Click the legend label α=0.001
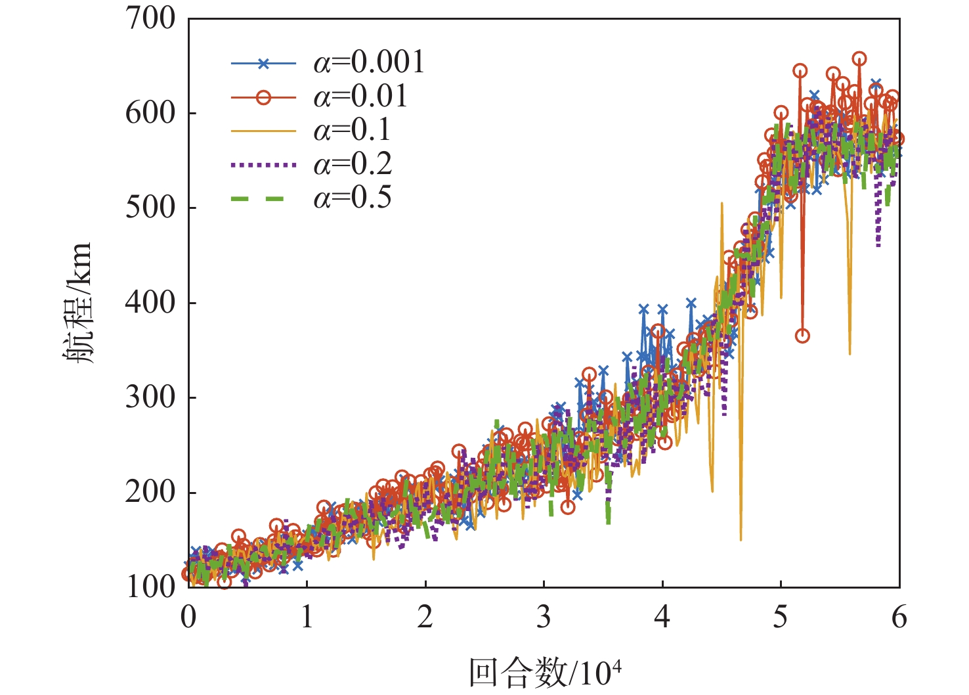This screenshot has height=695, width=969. [x=369, y=63]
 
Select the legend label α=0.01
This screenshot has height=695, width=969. [x=360, y=97]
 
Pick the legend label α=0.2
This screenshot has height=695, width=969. [x=352, y=164]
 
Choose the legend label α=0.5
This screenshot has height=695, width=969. [x=352, y=198]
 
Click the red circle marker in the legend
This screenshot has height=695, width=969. [x=263, y=97]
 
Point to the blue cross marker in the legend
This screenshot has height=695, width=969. [x=263, y=64]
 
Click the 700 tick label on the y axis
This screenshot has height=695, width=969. [x=151, y=19]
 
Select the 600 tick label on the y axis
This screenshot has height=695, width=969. [x=151, y=114]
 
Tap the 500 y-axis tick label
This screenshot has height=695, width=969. [x=151, y=208]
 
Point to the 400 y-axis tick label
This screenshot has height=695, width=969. [x=151, y=303]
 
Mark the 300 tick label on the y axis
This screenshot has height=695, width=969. [x=151, y=398]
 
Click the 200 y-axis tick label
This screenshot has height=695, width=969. [x=151, y=493]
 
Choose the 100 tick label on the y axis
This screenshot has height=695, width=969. [x=151, y=587]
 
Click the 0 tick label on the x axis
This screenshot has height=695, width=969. [x=189, y=617]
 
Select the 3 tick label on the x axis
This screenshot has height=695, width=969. [x=544, y=617]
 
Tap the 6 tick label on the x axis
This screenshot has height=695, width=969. [x=899, y=617]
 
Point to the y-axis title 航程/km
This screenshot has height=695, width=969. [x=78, y=303]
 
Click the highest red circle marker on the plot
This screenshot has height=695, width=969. [x=859, y=59]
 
